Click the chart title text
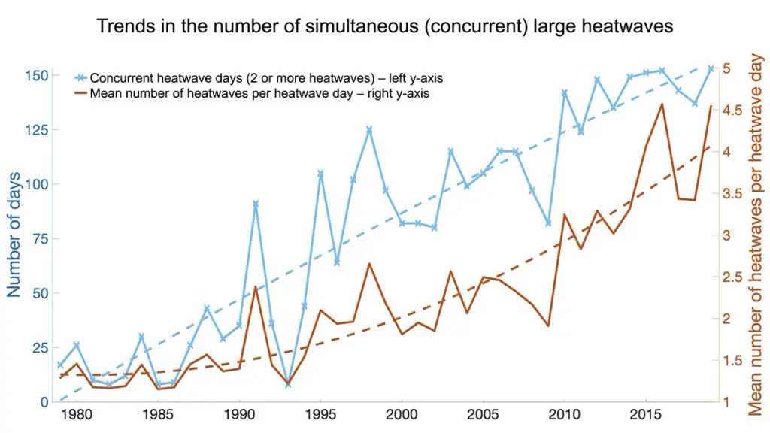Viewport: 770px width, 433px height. point(385,26)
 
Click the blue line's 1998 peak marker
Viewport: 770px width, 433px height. point(369,129)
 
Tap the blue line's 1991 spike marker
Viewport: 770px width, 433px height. point(256,204)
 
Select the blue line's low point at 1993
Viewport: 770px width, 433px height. point(288,384)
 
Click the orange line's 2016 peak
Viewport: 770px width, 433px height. point(662,104)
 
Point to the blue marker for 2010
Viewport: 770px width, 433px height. point(564,92)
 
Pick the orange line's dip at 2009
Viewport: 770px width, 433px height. point(548,326)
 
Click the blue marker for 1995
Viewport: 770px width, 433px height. point(320,174)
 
